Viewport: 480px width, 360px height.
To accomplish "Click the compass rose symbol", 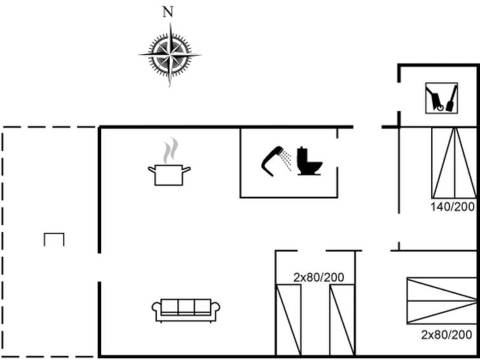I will point(170,55).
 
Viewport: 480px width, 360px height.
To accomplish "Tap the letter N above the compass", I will point(168,11).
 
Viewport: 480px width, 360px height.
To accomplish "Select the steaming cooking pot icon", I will point(169,173).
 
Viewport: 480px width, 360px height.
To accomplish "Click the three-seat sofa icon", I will point(186,310).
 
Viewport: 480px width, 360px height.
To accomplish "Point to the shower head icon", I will point(271,159).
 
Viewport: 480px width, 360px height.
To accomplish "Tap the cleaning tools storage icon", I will point(441,98).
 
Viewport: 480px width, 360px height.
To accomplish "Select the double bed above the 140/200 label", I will point(453,162).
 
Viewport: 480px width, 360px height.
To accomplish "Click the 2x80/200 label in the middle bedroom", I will point(319,277).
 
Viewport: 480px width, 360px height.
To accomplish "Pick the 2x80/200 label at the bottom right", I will point(446,335).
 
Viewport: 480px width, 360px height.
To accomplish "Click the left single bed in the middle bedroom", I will point(289,319).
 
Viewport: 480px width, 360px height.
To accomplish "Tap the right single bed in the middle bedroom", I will point(342,319).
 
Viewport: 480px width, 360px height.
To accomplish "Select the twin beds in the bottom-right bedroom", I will point(441,300).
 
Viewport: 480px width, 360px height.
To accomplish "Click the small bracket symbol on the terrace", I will point(54,239).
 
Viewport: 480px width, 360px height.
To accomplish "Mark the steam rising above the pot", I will point(168,151).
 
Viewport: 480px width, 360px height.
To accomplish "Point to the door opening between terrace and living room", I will point(99,267).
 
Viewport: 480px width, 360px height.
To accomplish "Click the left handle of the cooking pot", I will point(151,169).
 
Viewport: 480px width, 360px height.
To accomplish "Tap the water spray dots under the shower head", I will point(287,160).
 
